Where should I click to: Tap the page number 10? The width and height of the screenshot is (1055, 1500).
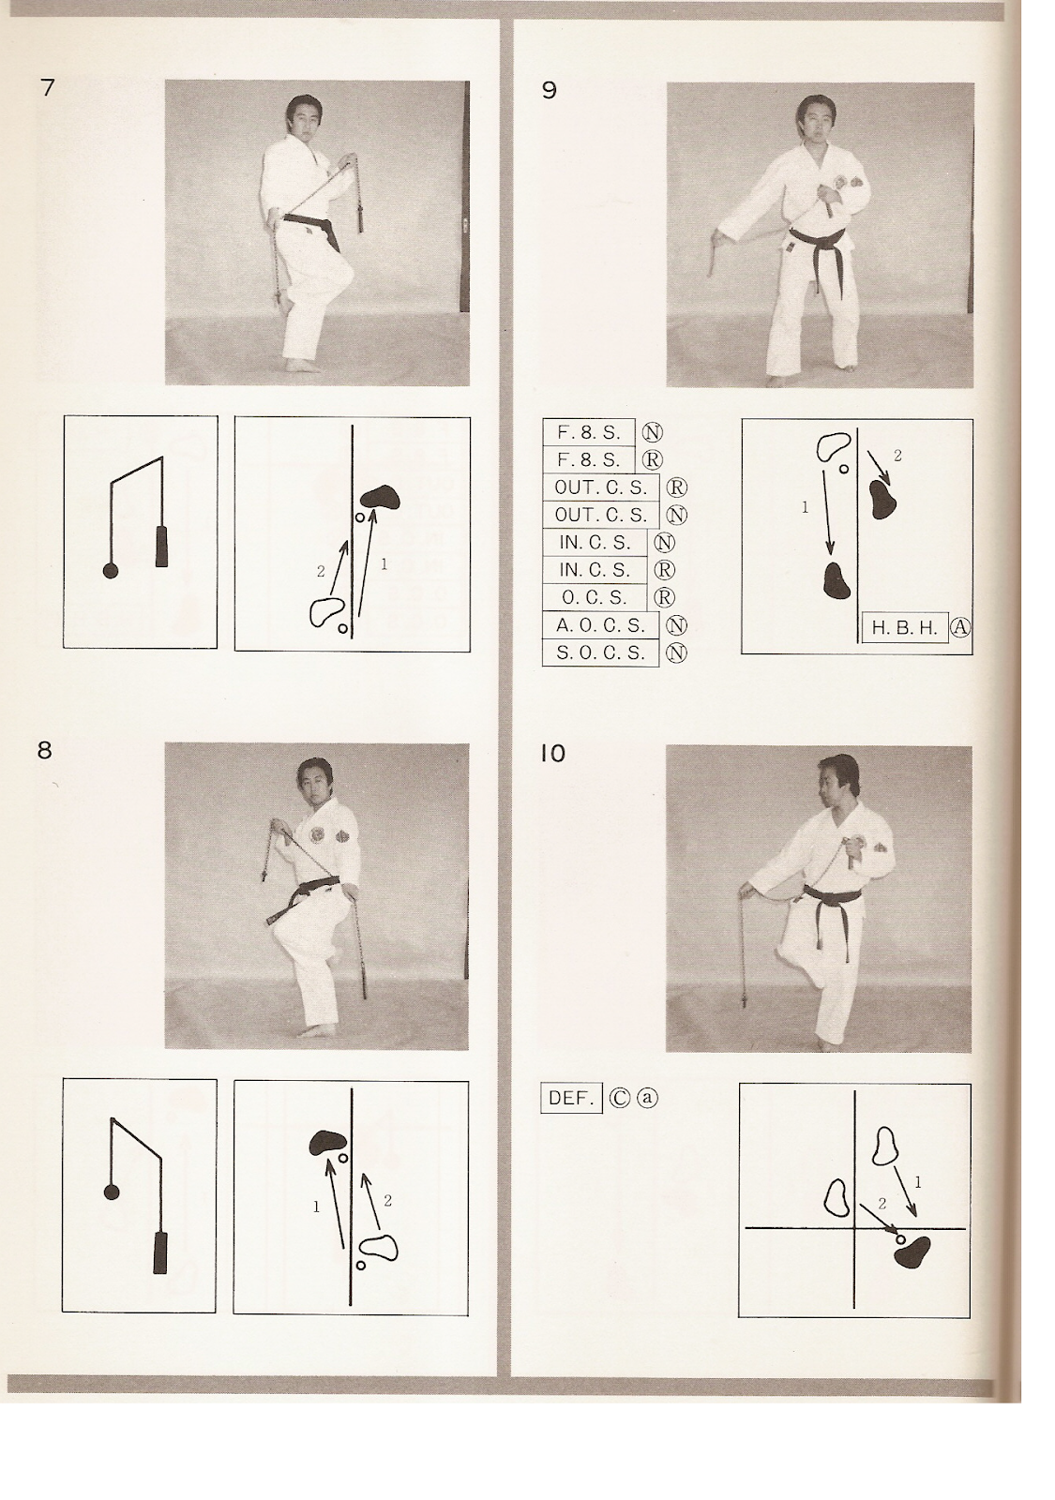pos(553,753)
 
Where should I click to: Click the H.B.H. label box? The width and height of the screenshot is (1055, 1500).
pos(904,628)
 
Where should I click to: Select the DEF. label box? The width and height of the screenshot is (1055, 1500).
pos(568,1098)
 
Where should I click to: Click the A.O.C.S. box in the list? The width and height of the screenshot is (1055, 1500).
pos(600,625)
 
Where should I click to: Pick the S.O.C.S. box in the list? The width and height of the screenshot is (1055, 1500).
pos(600,653)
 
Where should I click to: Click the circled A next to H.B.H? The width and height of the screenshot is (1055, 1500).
pos(958,628)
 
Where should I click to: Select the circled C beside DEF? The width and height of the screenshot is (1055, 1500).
pos(618,1098)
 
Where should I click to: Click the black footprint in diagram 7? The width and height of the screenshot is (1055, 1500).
pos(380,496)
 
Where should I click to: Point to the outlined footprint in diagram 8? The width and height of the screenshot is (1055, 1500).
pos(379,1246)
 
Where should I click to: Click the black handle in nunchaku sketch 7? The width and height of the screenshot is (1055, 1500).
pos(161,547)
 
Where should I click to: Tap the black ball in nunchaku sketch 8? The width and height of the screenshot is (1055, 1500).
pos(112,1192)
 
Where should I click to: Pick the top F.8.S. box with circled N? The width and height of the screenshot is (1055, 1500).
pos(590,432)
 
